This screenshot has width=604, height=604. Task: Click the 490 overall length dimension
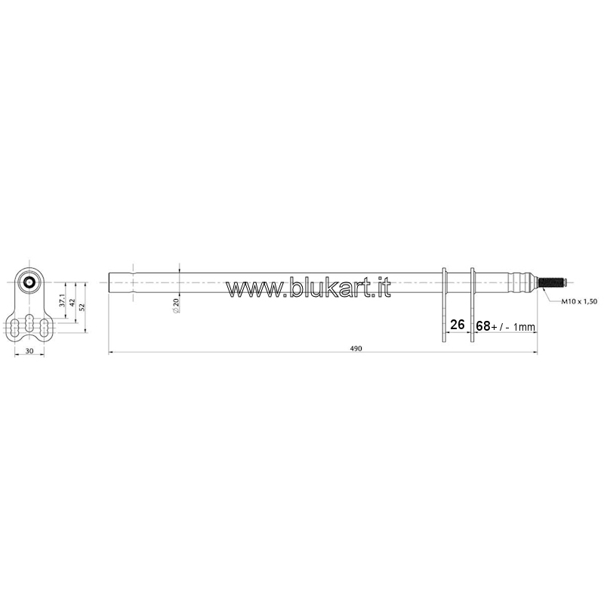tap(356, 349)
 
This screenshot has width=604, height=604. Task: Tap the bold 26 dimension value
tap(458, 325)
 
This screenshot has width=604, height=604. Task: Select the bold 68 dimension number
tap(483, 326)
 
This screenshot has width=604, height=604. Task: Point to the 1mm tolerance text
tap(524, 327)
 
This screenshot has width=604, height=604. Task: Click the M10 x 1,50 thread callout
tap(579, 301)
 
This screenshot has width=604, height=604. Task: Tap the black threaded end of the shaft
tap(552, 282)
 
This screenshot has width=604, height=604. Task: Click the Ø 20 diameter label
tap(177, 306)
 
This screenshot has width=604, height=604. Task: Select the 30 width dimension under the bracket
tap(29, 351)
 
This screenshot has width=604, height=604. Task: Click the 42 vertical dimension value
tap(72, 303)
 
